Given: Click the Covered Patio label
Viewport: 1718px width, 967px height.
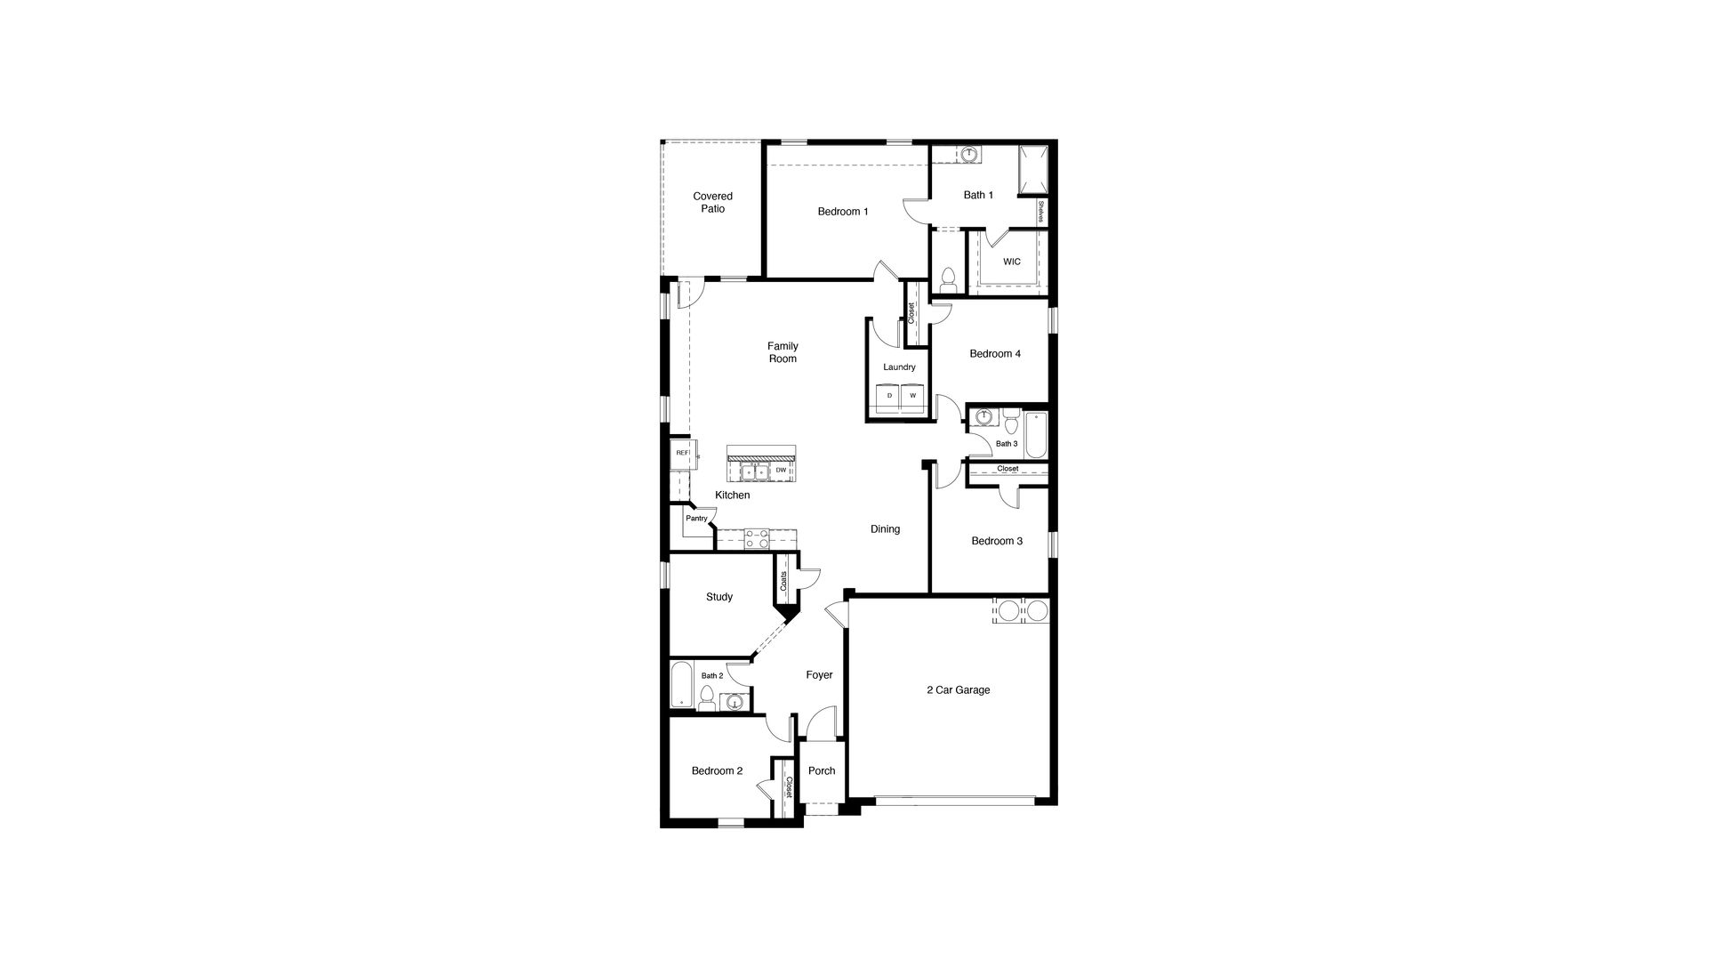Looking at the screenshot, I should point(712,203).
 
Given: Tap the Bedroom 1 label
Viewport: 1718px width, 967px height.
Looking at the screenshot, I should point(842,212).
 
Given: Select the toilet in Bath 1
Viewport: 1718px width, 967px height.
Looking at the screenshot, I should point(947,279).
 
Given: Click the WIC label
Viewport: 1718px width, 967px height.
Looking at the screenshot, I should point(1011,262).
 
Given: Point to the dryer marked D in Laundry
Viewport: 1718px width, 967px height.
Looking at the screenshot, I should point(889,396).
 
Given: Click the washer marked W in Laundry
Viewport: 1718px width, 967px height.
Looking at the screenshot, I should point(912,396).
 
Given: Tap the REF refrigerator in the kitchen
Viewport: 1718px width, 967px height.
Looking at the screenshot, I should point(682,453).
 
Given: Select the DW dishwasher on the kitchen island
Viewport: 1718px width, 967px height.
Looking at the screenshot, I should point(781,470).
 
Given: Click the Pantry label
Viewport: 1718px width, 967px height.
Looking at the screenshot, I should point(696,519).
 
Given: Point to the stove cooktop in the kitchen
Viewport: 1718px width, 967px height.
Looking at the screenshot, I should point(757,537).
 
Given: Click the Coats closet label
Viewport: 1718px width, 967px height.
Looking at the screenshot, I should point(783,582).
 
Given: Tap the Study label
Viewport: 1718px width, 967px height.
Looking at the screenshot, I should point(719,597).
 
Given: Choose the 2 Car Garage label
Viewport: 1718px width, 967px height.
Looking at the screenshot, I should point(958,690).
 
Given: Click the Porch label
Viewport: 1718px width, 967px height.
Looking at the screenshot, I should point(821,771).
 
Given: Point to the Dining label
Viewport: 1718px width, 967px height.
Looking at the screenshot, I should point(885,529).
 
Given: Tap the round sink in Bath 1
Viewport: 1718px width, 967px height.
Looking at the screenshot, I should point(969,155).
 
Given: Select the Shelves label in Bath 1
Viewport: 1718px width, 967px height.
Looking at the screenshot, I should point(1040,212).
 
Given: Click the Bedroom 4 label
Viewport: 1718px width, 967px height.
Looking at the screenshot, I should point(994,354).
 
